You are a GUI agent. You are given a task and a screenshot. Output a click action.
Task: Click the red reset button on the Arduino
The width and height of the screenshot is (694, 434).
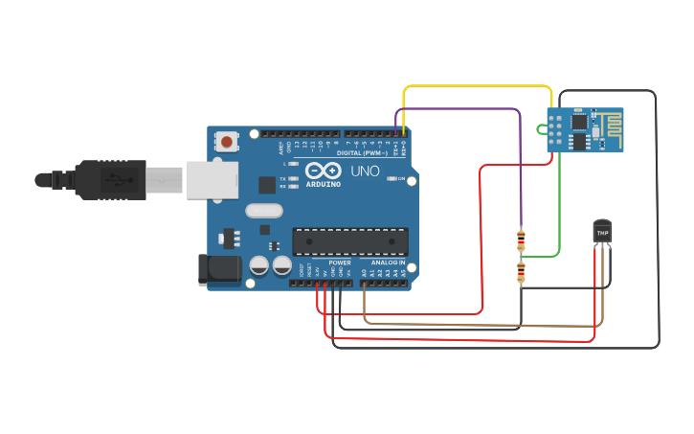point(227,142)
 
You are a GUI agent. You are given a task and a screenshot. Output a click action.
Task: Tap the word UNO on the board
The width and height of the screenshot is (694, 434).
point(364,171)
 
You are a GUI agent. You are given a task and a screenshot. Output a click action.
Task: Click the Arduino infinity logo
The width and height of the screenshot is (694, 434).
point(321,171)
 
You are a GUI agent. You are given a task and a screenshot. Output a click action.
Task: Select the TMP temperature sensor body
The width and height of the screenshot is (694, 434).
point(602,231)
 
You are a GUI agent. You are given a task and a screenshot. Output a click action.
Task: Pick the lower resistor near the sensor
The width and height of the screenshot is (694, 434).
point(521,273)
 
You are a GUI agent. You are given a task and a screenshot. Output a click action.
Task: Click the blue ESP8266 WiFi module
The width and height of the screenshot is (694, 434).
point(584,130)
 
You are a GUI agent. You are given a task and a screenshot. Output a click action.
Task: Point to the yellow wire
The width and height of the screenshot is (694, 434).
point(479,86)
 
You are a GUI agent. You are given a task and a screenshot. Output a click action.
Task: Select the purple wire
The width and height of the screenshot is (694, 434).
point(459,108)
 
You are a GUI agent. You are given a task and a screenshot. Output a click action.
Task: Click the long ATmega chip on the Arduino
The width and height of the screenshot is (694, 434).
point(350,241)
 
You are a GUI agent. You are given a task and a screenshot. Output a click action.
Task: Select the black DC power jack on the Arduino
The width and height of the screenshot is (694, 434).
point(217,269)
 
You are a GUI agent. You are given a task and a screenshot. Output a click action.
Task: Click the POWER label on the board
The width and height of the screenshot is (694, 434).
point(340,263)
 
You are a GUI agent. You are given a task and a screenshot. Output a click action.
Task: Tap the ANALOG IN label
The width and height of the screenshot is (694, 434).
point(388,263)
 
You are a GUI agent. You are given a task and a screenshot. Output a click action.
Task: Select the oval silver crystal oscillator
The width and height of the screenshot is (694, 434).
point(264,211)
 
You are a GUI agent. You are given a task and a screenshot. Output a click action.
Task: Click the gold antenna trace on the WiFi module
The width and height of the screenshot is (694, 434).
point(608,130)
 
